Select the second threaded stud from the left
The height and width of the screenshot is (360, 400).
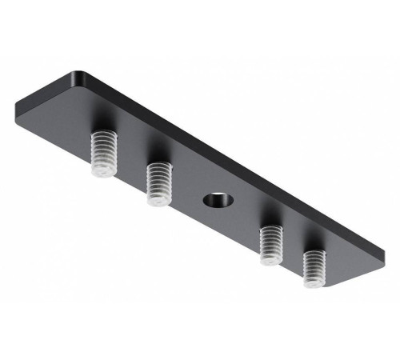(x=159, y=183)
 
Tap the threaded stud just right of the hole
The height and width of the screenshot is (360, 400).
(x=271, y=243)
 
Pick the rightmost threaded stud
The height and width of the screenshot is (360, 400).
(x=314, y=266)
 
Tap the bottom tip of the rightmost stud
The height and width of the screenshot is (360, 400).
(x=313, y=282)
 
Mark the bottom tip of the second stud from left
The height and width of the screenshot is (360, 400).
(x=158, y=201)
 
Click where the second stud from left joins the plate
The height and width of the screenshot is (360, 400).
(x=160, y=167)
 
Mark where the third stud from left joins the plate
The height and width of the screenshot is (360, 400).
(x=272, y=229)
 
